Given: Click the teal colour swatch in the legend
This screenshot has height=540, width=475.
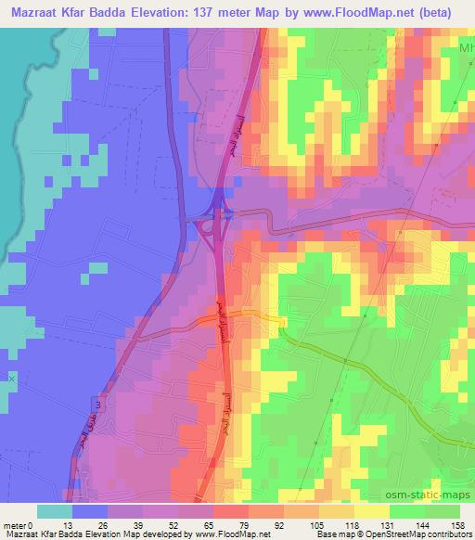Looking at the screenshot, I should tap(54, 511).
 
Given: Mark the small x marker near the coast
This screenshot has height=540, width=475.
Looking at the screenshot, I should tap(12, 379).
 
